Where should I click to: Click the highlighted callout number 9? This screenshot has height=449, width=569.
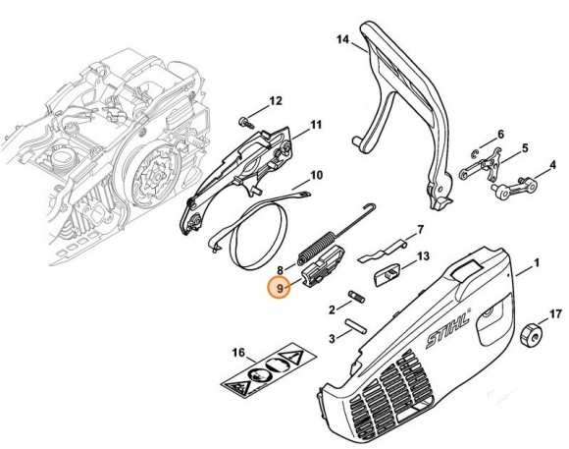[x=282, y=289]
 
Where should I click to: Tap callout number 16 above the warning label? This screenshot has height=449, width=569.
[x=238, y=352]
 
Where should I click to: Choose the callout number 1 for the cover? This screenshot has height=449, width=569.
[x=537, y=263]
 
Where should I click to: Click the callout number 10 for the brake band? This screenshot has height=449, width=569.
[x=316, y=177]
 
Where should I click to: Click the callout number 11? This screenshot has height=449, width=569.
[x=316, y=124]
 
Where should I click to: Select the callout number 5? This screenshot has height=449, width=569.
[x=525, y=148]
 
